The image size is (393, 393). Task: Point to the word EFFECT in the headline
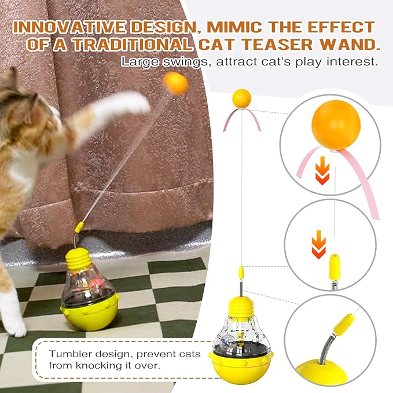(x=340, y=27)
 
